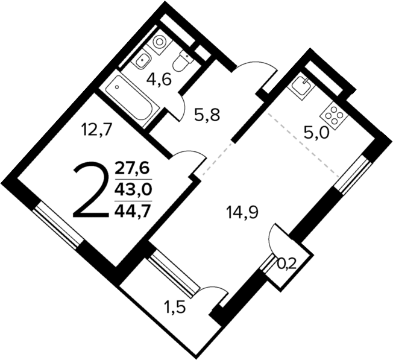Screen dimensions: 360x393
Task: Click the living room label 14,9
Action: pos(242,212)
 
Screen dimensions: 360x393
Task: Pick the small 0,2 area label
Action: pos(288,263)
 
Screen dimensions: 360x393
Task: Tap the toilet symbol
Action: pos(183,60)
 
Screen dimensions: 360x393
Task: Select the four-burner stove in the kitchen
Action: pos(334,112)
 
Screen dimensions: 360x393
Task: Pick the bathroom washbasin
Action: pos(142,60)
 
